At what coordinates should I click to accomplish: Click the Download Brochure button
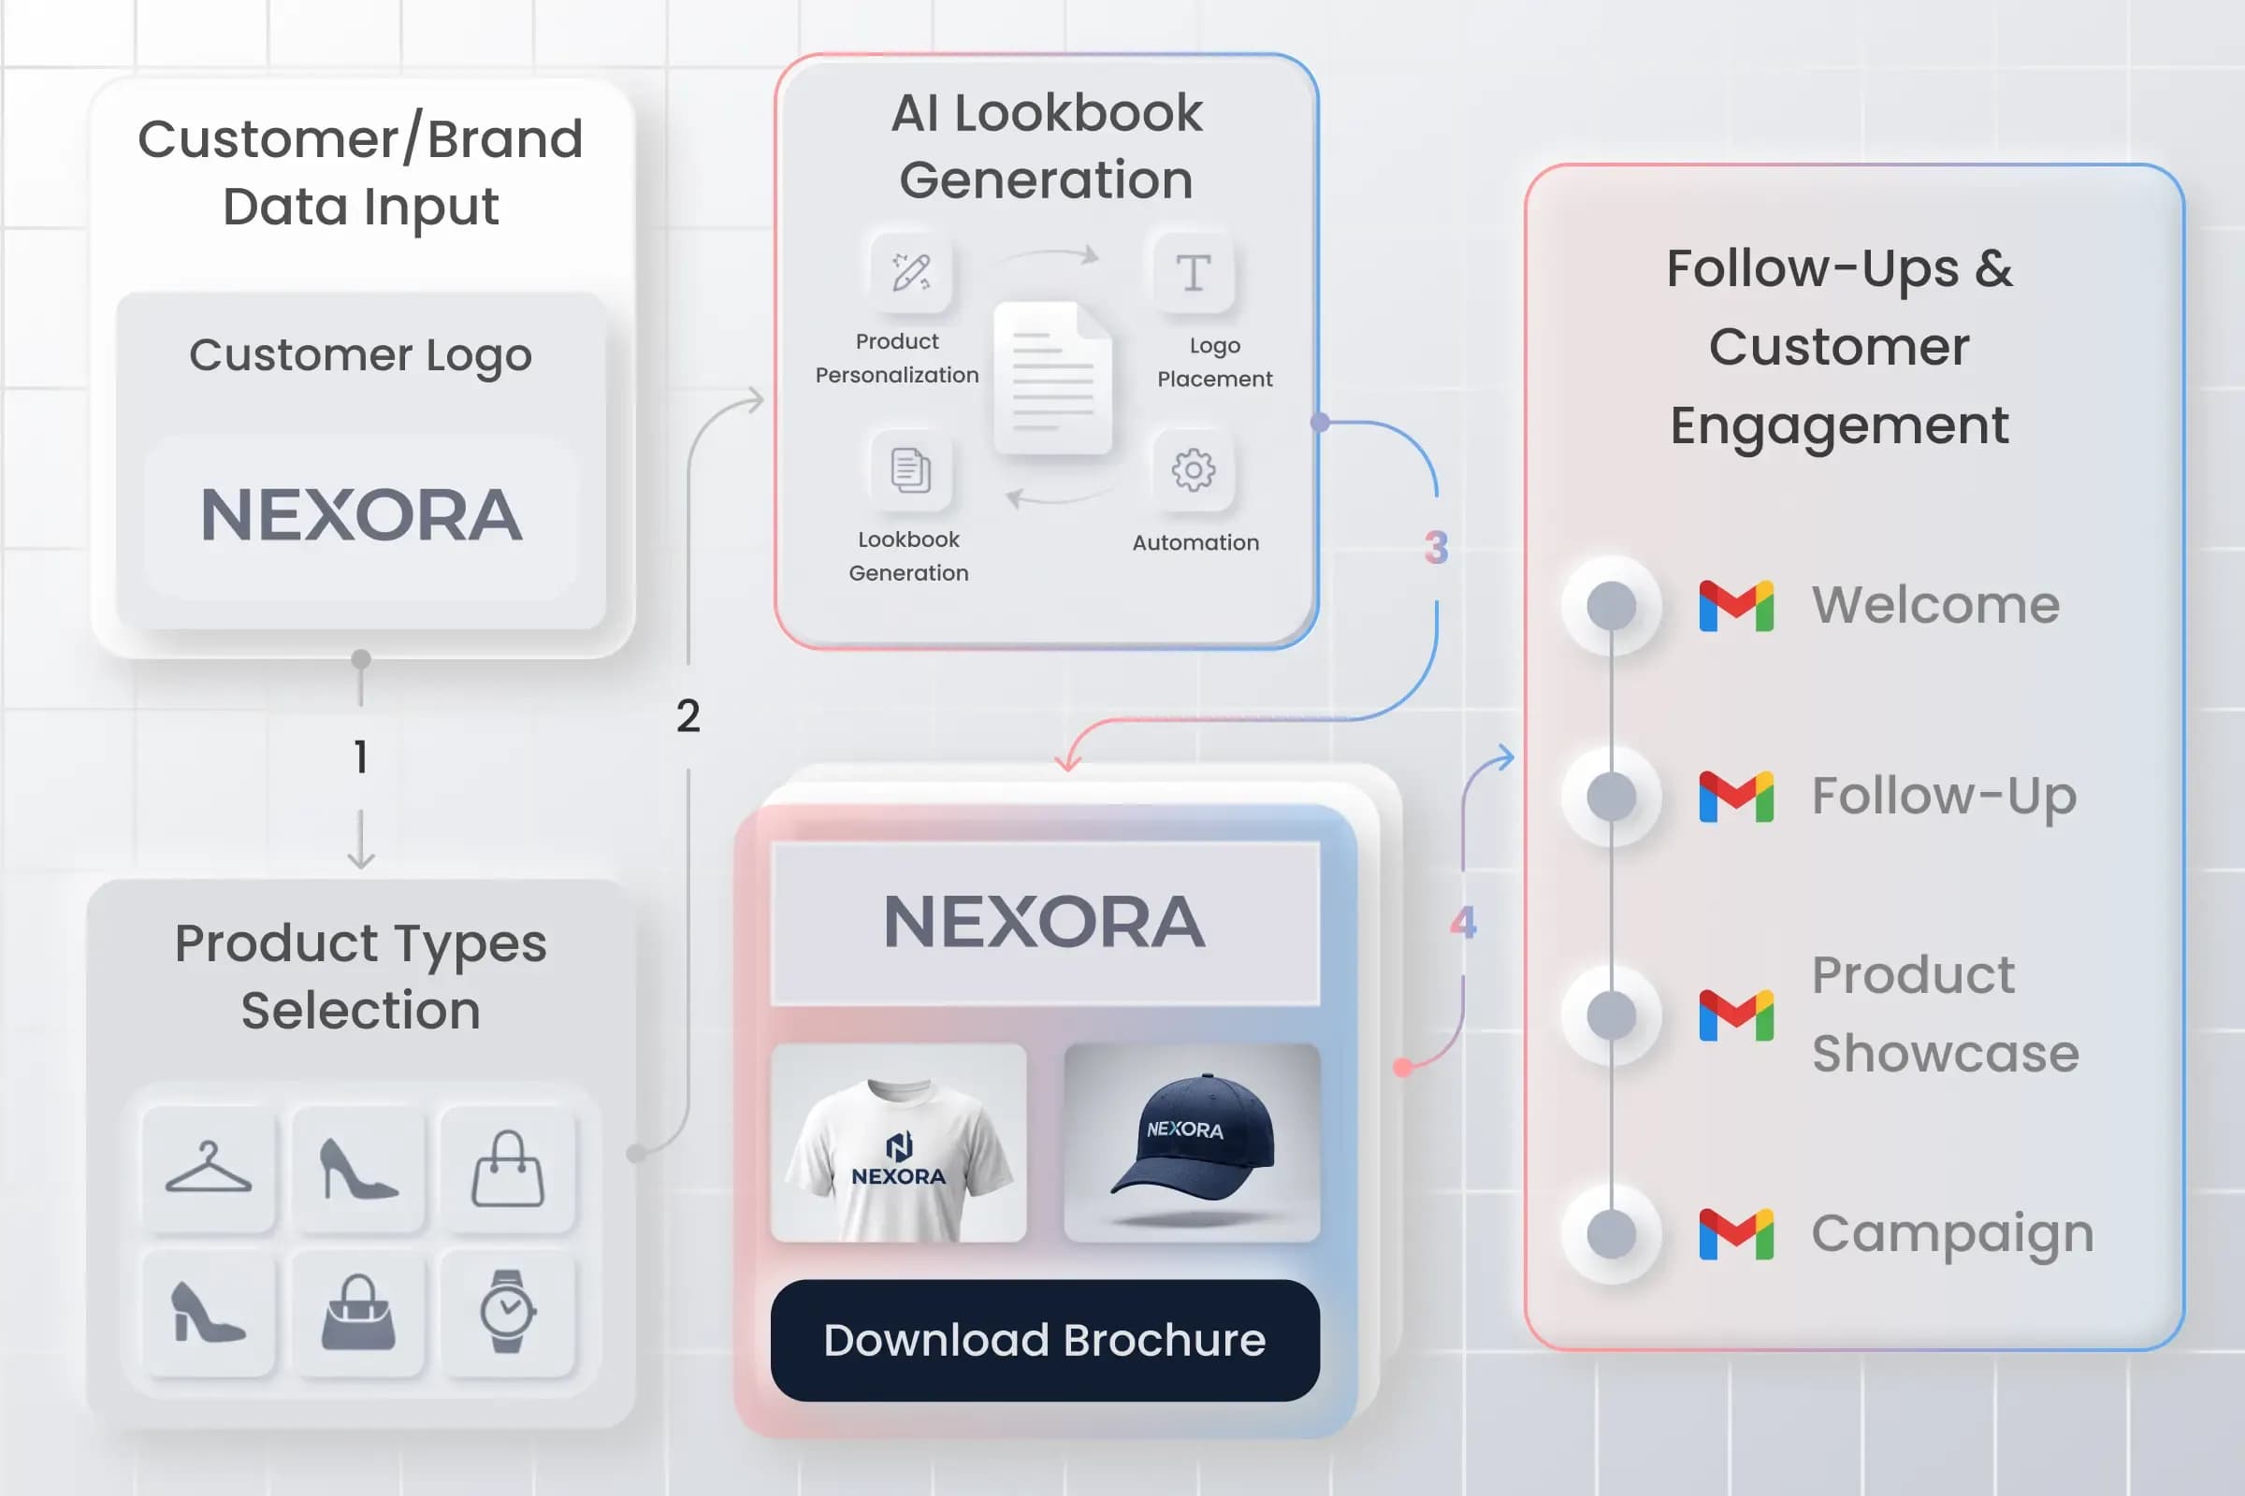pos(1045,1340)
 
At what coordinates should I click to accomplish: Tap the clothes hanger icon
pos(208,1168)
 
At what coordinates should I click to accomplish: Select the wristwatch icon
pos(507,1311)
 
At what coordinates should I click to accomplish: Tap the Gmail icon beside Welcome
pos(1736,606)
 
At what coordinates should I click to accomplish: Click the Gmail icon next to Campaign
pos(1736,1233)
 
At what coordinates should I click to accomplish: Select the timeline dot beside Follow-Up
pos(1611,797)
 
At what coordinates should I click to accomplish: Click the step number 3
pos(1437,548)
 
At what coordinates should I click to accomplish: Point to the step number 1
pos(361,756)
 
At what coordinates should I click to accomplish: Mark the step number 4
pos(1463,923)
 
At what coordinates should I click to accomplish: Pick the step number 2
pos(688,715)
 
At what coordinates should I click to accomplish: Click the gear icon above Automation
pos(1194,469)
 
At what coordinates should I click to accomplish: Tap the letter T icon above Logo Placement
pos(1194,273)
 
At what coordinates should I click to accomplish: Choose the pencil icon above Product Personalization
pos(910,271)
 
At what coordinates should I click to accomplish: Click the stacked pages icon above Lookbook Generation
pos(910,469)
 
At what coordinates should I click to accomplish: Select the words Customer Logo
pos(361,356)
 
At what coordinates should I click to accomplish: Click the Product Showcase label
pos(1946,1014)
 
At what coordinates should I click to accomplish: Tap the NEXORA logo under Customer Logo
pos(362,515)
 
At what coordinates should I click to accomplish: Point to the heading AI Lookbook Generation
pos(1047,146)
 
